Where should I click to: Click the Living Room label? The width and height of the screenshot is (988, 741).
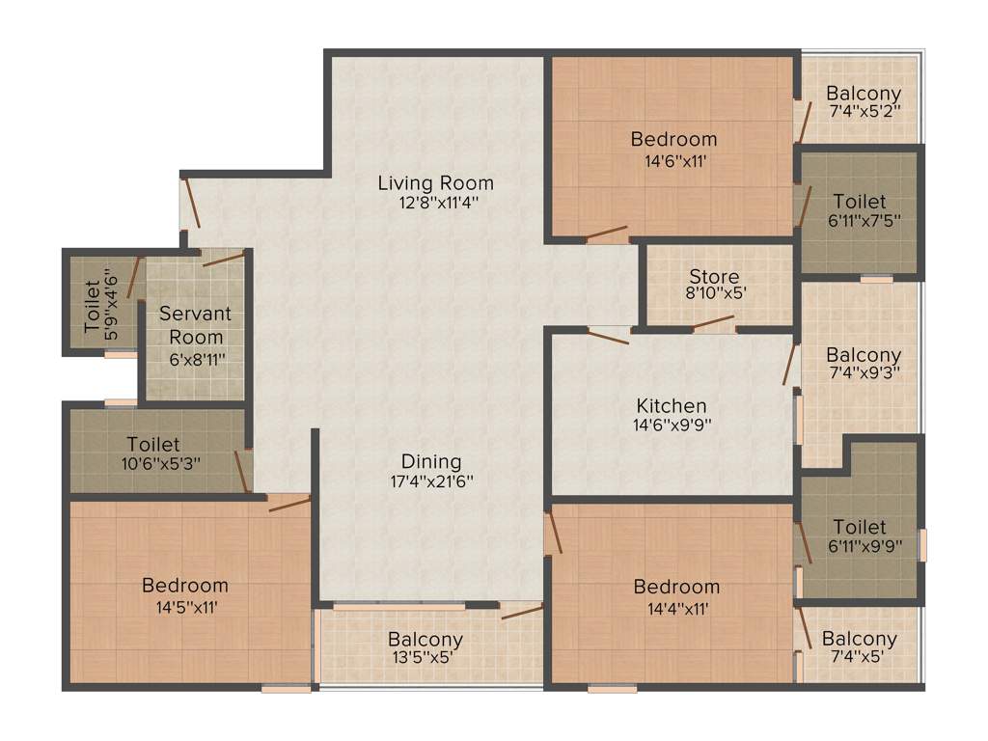435,182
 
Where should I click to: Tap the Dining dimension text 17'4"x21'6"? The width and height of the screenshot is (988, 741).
431,480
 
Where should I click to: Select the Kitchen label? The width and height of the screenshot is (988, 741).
672,405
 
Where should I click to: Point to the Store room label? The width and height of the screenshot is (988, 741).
715,277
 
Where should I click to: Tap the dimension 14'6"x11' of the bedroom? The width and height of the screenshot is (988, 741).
673,161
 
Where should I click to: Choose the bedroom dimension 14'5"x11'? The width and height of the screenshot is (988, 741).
184,608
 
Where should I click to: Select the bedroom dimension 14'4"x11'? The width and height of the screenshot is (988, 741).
676,609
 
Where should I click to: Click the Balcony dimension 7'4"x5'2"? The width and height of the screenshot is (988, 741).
864,111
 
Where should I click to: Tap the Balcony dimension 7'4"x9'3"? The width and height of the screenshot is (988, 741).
864,373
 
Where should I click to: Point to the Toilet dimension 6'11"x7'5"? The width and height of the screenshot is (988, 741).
860,220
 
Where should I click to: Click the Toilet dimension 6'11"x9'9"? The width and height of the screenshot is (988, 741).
860,546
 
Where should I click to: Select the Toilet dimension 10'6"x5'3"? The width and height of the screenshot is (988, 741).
153,463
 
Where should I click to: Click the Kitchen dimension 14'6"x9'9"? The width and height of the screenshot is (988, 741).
672,424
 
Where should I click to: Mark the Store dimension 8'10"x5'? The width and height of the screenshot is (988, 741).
715,293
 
